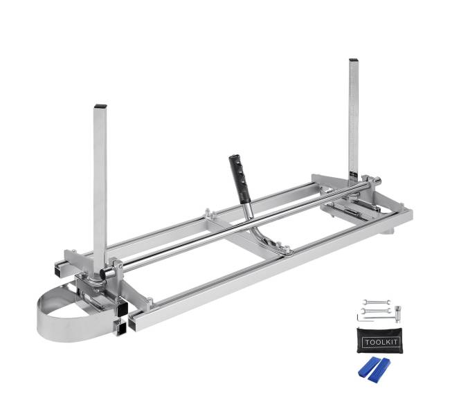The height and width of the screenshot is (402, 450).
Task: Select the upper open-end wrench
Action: pos(374,303)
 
